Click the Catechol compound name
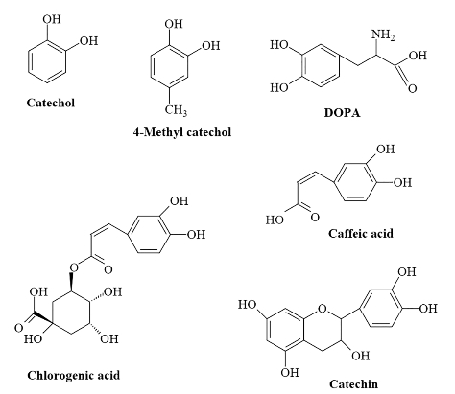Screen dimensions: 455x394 (51, 103)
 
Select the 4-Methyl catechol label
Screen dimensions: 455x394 (182, 132)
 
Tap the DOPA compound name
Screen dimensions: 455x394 (342, 113)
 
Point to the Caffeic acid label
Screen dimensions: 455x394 (361, 234)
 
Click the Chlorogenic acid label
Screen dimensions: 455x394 (74, 375)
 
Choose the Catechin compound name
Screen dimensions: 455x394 (353, 383)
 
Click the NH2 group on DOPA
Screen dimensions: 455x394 (383, 35)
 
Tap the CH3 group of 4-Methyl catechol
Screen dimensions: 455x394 (176, 110)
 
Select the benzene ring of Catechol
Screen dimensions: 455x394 (47, 62)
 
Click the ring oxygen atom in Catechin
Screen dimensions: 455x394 (323, 309)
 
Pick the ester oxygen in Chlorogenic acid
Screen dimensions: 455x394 (74, 267)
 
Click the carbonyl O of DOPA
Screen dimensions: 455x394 (412, 88)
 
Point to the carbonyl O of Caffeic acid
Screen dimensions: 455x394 (315, 218)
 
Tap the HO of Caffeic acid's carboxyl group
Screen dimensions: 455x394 (275, 220)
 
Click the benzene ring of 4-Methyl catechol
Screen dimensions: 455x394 (169, 67)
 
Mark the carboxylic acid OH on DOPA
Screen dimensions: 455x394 (418, 56)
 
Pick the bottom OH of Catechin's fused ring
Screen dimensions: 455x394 (290, 373)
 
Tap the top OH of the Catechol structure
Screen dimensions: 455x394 (51, 19)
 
